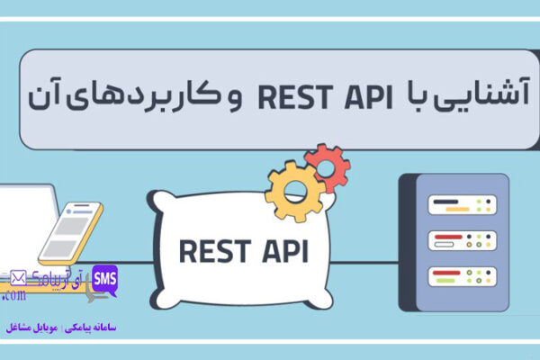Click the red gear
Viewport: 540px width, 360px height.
327,165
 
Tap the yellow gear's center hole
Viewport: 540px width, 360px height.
294,191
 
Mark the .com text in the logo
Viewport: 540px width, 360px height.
14,296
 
